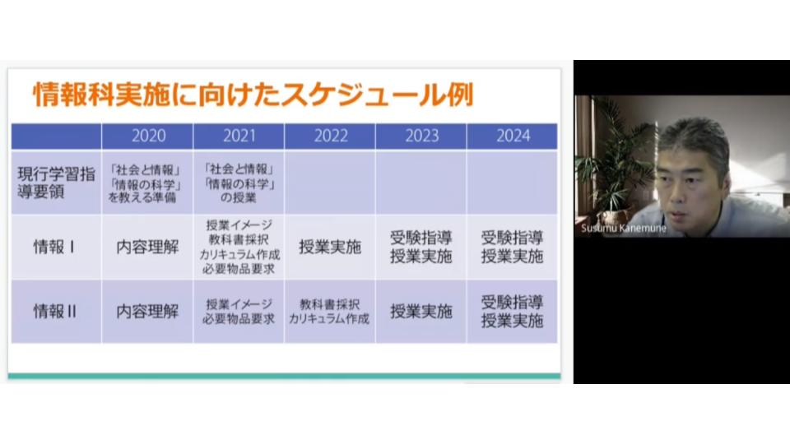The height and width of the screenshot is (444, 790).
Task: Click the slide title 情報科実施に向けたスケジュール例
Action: pyautogui.click(x=253, y=95)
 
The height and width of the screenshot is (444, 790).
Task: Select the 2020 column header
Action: pyautogui.click(x=148, y=136)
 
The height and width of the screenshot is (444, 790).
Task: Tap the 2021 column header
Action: pyautogui.click(x=239, y=136)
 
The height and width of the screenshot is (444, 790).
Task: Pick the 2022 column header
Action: pyautogui.click(x=331, y=136)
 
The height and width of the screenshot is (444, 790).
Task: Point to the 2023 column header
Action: pyautogui.click(x=421, y=136)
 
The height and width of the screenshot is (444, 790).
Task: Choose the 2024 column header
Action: pyautogui.click(x=513, y=136)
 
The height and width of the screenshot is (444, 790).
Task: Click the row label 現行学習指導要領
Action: pyautogui.click(x=56, y=183)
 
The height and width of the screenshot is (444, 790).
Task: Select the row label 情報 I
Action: pyautogui.click(x=54, y=247)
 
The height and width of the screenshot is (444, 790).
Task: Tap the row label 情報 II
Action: pyautogui.click(x=54, y=312)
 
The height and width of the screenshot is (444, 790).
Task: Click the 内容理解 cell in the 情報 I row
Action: pyautogui.click(x=147, y=247)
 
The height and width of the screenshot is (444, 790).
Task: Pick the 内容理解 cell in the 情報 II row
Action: pyautogui.click(x=147, y=312)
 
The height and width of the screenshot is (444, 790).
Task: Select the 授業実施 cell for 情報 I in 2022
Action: pyautogui.click(x=330, y=247)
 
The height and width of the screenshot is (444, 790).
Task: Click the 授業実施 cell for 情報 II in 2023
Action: pyautogui.click(x=421, y=312)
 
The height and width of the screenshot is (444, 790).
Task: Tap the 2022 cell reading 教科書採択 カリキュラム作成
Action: pyautogui.click(x=329, y=312)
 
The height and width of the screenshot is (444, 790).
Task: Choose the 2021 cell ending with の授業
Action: pyautogui.click(x=239, y=183)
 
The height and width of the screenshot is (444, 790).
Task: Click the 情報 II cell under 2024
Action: pyautogui.click(x=512, y=312)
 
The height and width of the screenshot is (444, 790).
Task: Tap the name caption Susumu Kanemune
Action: pyautogui.click(x=624, y=228)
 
